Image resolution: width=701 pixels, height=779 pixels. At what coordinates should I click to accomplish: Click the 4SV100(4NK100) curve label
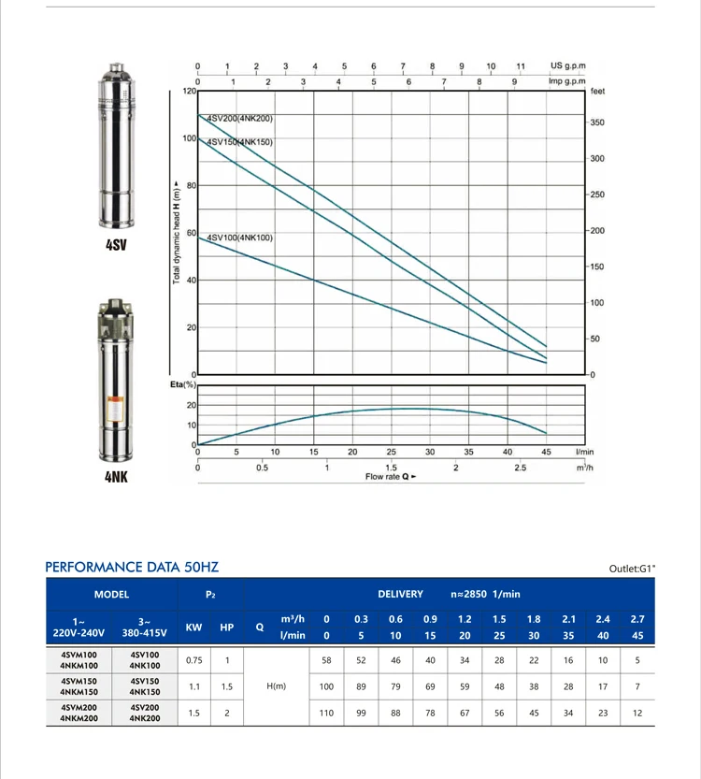[x=239, y=238]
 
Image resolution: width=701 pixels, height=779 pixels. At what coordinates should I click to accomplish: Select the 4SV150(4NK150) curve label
[x=239, y=142]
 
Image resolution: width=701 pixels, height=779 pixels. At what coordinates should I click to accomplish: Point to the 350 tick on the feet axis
[x=596, y=123]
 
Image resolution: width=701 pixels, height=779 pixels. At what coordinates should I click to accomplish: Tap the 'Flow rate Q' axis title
[x=391, y=477]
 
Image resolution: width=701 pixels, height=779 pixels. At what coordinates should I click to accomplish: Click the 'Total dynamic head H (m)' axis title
[x=177, y=233]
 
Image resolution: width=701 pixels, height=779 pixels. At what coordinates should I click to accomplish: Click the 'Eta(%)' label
[x=181, y=384]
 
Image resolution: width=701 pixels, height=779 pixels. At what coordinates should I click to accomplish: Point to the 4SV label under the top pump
[x=116, y=246]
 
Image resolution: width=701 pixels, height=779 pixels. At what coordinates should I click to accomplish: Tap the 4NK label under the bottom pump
[x=116, y=476]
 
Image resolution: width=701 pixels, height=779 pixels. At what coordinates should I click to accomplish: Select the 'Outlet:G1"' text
[x=633, y=568]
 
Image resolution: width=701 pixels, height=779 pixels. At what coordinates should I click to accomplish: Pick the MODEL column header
[x=111, y=594]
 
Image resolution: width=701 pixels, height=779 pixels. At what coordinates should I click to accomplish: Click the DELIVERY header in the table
[x=400, y=594]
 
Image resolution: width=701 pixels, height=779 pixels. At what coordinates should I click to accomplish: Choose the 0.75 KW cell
[x=194, y=660]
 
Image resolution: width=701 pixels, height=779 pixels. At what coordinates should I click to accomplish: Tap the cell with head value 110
[x=326, y=713]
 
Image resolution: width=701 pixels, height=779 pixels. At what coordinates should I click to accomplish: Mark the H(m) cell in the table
[x=276, y=686]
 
